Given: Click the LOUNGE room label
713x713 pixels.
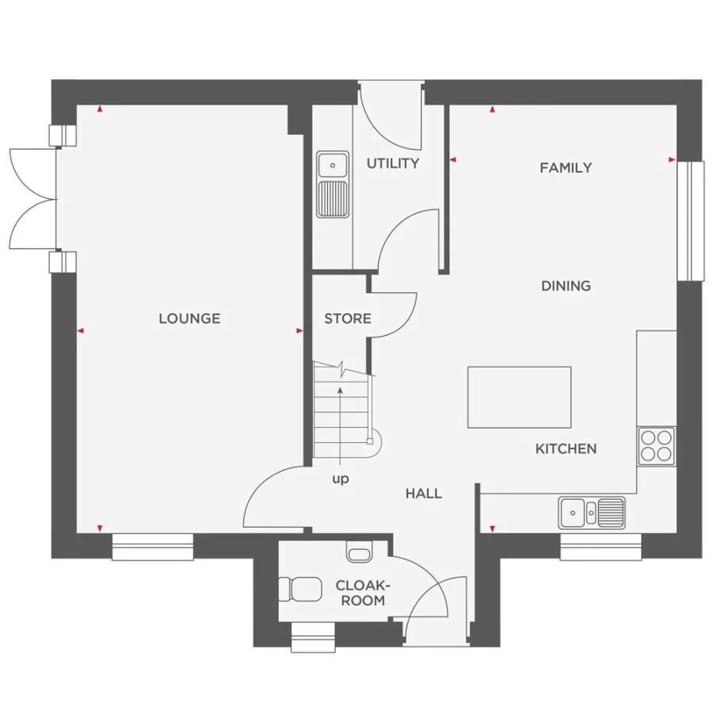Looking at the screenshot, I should (189, 318).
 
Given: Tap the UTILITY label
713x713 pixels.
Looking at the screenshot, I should (392, 163).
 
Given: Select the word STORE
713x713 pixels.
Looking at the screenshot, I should (348, 318).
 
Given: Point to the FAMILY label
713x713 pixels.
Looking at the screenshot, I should (566, 167).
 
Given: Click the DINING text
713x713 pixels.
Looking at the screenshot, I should (566, 285).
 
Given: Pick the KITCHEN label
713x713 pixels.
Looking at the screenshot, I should (566, 448).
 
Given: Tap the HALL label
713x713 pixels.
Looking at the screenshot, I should (424, 493).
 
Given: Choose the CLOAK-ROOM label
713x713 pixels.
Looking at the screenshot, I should (363, 593).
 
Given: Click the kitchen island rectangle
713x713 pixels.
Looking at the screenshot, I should (519, 397).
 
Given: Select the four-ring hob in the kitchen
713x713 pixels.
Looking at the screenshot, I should (656, 445).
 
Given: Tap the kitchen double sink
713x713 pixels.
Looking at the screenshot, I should (592, 512).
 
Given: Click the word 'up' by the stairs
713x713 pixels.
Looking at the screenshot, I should (341, 479).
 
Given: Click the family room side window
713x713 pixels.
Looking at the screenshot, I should (695, 221).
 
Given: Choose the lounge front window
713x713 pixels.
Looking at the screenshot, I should (153, 547).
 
